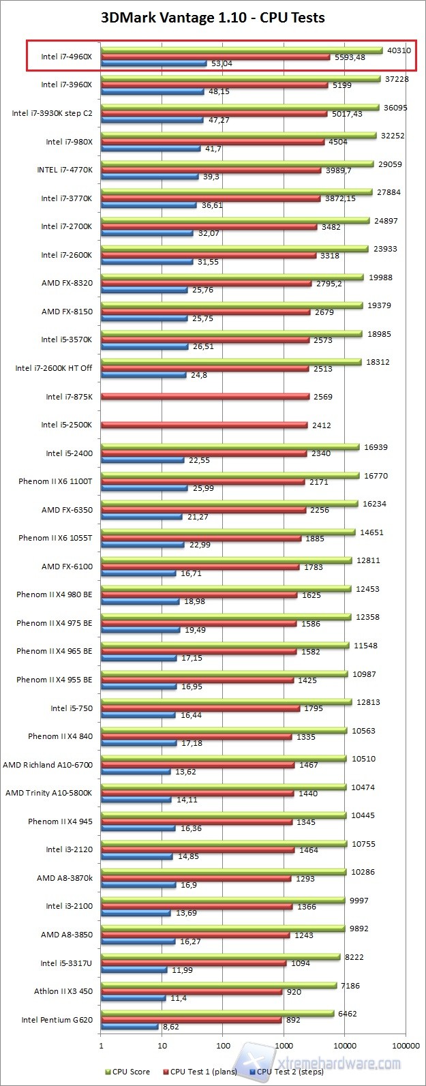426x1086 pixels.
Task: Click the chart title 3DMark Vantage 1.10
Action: (x=213, y=18)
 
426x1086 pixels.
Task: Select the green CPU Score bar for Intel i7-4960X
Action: (x=241, y=50)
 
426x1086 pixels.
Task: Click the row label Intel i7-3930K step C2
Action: (x=52, y=113)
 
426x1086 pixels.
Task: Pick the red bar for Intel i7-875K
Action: (x=204, y=396)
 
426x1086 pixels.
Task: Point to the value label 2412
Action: (x=322, y=425)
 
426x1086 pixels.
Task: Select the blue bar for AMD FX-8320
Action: (x=144, y=290)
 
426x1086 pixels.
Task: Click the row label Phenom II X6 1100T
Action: (x=55, y=481)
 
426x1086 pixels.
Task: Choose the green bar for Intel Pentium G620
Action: (x=217, y=1014)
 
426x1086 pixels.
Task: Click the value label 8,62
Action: (x=170, y=1026)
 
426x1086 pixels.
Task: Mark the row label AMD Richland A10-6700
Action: (x=48, y=765)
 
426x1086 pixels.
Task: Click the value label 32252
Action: (x=392, y=136)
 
